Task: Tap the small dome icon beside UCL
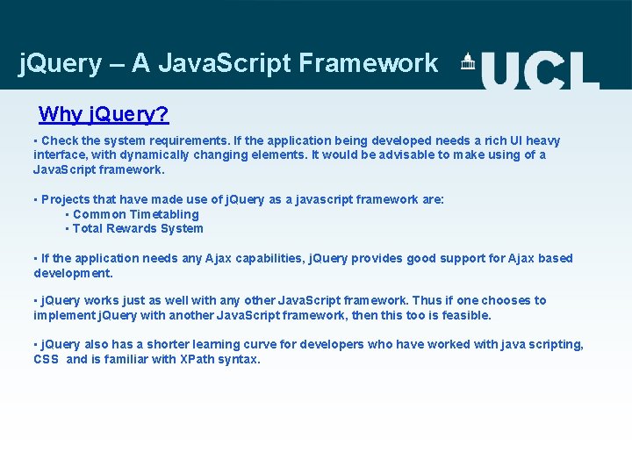(468, 61)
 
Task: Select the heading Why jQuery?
(104, 114)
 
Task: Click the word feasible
(464, 315)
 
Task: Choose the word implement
(63, 315)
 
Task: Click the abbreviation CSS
(46, 359)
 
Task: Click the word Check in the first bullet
(60, 140)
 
